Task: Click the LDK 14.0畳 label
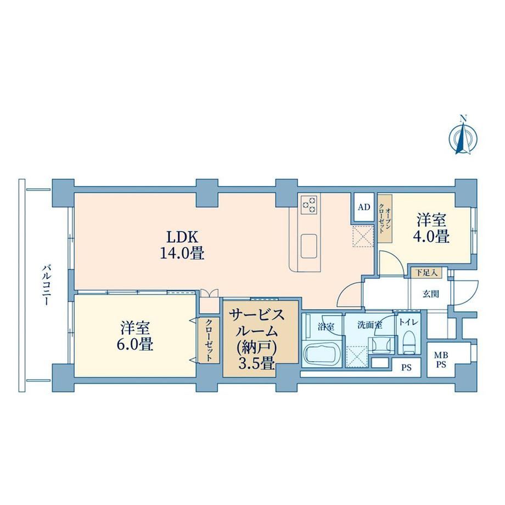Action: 182,245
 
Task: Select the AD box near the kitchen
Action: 364,207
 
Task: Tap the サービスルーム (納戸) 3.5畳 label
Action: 257,339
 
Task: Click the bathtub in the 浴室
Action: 323,356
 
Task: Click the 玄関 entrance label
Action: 430,294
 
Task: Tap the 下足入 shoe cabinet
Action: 426,273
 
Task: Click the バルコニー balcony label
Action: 46,285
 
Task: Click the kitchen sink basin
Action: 309,246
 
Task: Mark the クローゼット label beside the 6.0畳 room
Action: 209,340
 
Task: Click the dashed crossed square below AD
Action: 363,236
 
